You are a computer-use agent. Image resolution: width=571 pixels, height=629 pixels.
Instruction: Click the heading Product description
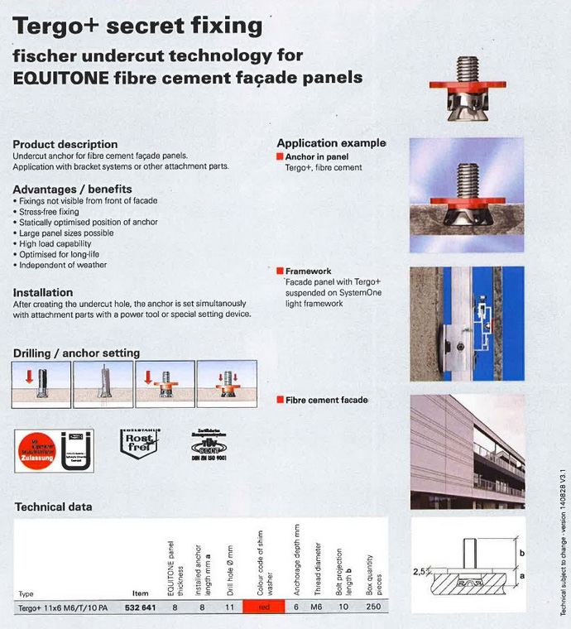pyautogui.click(x=65, y=144)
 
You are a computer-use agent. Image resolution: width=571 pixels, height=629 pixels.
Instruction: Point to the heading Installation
pyautogui.click(x=43, y=292)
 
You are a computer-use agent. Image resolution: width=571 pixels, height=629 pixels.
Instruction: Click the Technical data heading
pyautogui.click(x=54, y=507)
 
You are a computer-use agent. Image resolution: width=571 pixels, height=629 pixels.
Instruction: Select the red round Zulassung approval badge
pyautogui.click(x=38, y=450)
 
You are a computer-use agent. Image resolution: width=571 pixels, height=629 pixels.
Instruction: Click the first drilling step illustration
pyautogui.click(x=41, y=384)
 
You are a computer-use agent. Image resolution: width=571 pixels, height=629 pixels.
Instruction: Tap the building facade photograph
pyautogui.click(x=467, y=451)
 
